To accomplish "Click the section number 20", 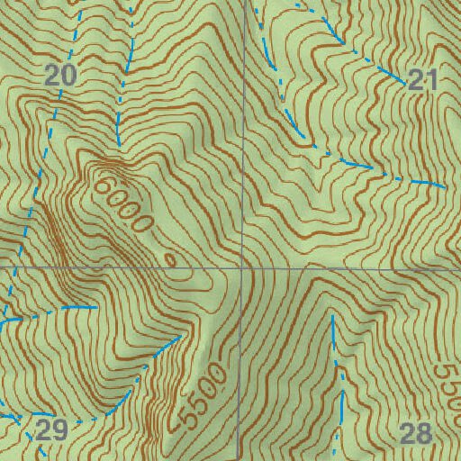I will (x=59, y=77).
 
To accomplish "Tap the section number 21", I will (x=422, y=80).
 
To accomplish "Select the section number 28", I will (x=415, y=433).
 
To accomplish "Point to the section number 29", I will (x=52, y=429).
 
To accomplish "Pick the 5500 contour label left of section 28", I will (x=202, y=394).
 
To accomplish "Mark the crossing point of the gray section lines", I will (x=243, y=267).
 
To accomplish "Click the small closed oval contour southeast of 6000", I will (x=171, y=259).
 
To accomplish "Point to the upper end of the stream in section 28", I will (x=332, y=317).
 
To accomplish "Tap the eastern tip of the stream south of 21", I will (x=445, y=186).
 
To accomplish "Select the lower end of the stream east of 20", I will (x=118, y=144).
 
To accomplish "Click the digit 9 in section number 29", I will (x=60, y=429).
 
